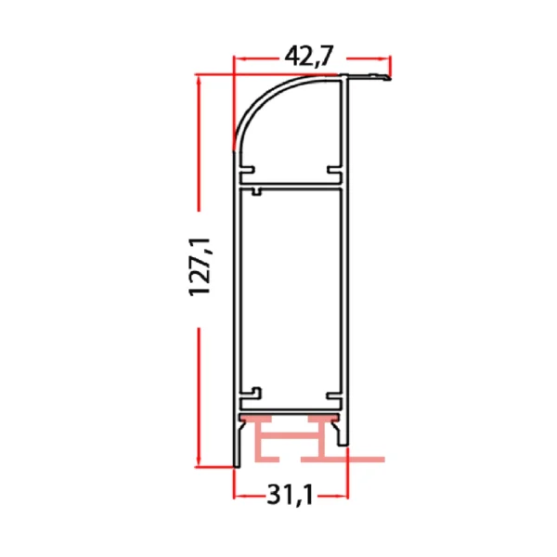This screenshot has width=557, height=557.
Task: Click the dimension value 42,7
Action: pyautogui.click(x=309, y=58)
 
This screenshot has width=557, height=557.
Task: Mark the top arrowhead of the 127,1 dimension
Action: pyautogui.click(x=200, y=80)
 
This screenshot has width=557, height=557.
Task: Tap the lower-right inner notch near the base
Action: pyautogui.click(x=333, y=394)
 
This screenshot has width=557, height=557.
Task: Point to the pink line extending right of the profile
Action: pyautogui.click(x=366, y=459)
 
